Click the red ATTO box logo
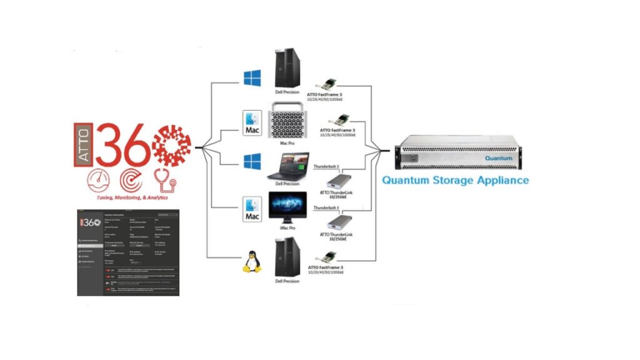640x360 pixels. (x=82, y=143)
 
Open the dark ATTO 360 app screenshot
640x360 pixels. (x=128, y=252)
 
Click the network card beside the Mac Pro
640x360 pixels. (x=342, y=119)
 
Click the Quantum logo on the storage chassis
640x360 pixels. (x=498, y=158)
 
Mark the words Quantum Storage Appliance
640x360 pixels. (x=455, y=180)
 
